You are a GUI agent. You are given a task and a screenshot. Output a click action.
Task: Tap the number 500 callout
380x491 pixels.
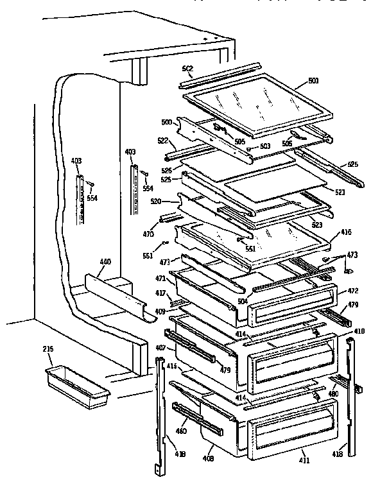pos(166,121)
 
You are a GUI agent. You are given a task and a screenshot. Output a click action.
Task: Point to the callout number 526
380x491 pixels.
pos(166,170)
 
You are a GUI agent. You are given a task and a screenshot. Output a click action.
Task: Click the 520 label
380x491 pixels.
pos(155,201)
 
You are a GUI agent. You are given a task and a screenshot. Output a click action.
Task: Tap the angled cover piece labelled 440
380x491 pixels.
pos(116,295)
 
